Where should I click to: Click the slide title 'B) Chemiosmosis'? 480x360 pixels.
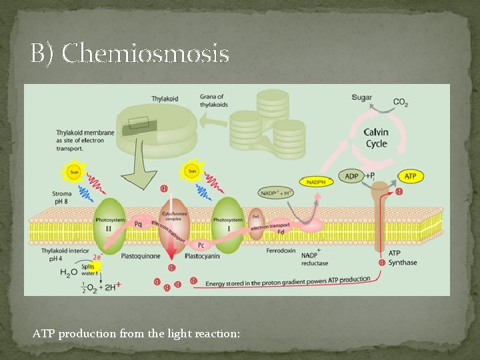click(x=130, y=53)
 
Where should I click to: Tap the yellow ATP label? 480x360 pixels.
click(x=410, y=176)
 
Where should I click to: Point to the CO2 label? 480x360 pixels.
click(x=401, y=103)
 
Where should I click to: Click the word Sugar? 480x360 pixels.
click(x=362, y=97)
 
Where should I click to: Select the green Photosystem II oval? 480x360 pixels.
click(x=111, y=224)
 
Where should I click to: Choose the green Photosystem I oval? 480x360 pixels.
click(x=228, y=224)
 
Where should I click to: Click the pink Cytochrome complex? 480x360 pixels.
click(x=173, y=220)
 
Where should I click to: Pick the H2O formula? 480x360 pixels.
click(x=69, y=273)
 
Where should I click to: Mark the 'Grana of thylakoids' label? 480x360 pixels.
click(x=212, y=101)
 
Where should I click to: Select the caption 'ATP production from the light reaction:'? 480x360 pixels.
click(x=137, y=333)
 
